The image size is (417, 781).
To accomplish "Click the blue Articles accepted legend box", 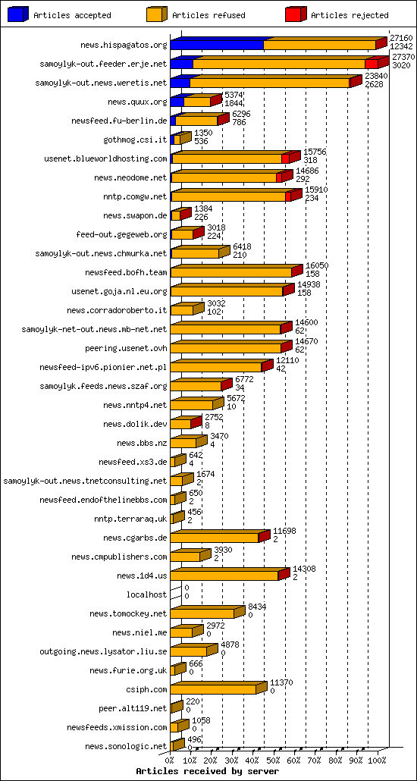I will pyautogui.click(x=19, y=14).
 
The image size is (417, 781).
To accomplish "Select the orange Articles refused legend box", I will pyautogui.click(x=157, y=14).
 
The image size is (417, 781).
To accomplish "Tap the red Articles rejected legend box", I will pyautogui.click(x=296, y=14).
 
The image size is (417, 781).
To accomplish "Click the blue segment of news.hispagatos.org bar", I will pyautogui.click(x=216, y=45).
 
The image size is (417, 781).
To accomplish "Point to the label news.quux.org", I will pyautogui.click(x=137, y=102).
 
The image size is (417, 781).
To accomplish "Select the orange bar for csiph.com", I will pyautogui.click(x=213, y=689).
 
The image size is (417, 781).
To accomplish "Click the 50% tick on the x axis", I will pyautogui.click(x=274, y=760).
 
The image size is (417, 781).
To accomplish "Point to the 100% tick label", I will pyautogui.click(x=377, y=760).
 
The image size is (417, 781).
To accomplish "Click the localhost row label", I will pyautogui.click(x=146, y=594).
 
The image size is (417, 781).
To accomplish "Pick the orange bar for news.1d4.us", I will pyautogui.click(x=224, y=576).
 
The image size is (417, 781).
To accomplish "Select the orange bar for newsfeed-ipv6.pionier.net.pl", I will pyautogui.click(x=216, y=367).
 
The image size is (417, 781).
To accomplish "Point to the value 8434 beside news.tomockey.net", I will pyautogui.click(x=257, y=607).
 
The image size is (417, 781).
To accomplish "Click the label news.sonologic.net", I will pyautogui.click(x=126, y=746).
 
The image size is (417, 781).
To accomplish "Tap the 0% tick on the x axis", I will pyautogui.click(x=171, y=760).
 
